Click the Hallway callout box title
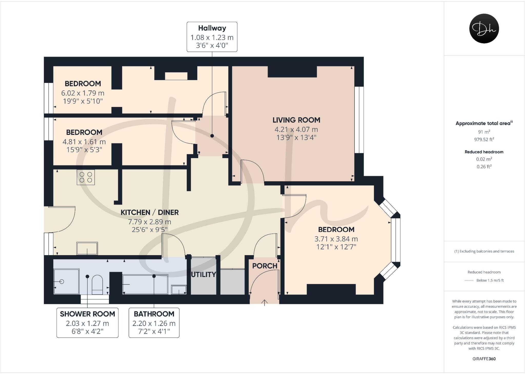pos(212,28)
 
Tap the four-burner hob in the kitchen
pos(86,177)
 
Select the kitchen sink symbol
pos(87,248)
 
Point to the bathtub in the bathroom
pos(145,284)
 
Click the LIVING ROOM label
pos(296,120)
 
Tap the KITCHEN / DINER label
pos(149,212)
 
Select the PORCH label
pos(265,266)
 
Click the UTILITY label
pos(204,274)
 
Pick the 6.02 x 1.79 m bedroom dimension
pos(83,93)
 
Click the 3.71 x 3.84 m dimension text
pos(336,239)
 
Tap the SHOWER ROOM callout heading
pos(87,314)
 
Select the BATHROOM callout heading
pos(154,314)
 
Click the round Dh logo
pos(484,28)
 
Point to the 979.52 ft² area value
pos(484,140)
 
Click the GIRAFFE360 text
pos(484,359)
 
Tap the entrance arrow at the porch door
pos(264,302)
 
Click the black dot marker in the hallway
pos(212,136)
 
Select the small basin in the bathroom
pos(179,290)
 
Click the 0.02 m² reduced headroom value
pos(484,159)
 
